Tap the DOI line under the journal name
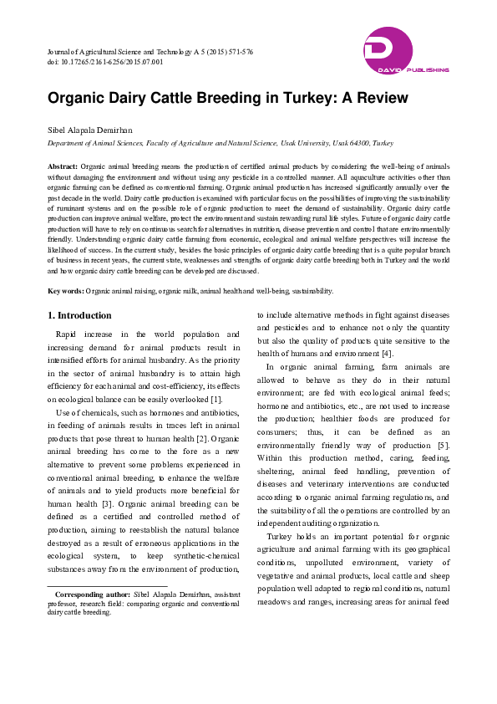point(104,62)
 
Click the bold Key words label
point(65,291)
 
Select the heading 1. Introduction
point(79,315)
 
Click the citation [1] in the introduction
point(216,400)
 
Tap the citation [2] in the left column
point(200,437)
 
